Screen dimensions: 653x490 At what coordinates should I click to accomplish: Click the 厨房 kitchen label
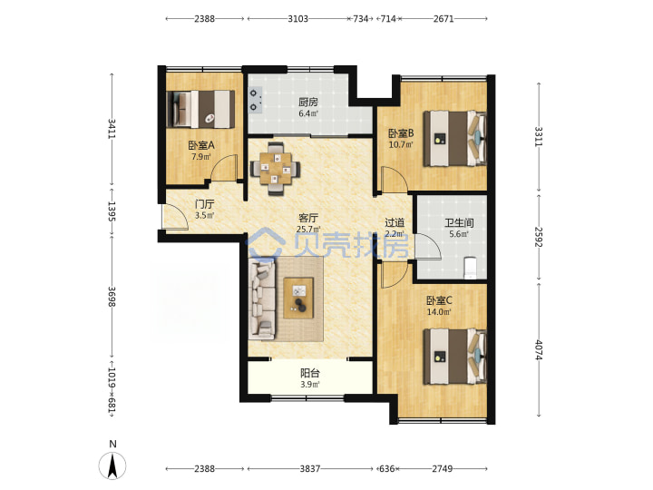(x=308, y=102)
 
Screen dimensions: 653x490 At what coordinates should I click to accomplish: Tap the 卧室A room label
(x=201, y=145)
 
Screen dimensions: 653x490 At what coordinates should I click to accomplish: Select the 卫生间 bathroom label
(x=459, y=223)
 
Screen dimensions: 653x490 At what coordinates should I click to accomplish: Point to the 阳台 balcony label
(x=310, y=373)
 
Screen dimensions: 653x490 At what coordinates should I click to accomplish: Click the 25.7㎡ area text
(x=308, y=230)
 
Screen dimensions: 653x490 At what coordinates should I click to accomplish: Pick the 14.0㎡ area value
(x=439, y=312)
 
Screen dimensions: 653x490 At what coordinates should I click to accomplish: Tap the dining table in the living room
(x=275, y=169)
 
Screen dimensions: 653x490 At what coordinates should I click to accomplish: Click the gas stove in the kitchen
(x=255, y=100)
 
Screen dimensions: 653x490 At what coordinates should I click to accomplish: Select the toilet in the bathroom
(x=470, y=268)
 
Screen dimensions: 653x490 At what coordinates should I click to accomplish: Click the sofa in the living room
(x=262, y=299)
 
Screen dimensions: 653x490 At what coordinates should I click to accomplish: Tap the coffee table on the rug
(x=298, y=298)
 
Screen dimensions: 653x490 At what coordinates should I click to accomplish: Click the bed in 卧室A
(x=200, y=109)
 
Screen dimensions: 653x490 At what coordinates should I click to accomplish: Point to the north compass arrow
(x=112, y=465)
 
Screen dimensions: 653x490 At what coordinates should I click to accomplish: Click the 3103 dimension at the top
(x=297, y=19)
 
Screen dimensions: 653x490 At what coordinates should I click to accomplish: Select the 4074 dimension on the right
(x=539, y=350)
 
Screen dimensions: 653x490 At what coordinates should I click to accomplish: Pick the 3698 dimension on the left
(x=112, y=297)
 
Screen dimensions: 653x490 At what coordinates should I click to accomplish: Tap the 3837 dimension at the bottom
(x=310, y=469)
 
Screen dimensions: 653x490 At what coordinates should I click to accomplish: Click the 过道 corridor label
(x=395, y=223)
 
